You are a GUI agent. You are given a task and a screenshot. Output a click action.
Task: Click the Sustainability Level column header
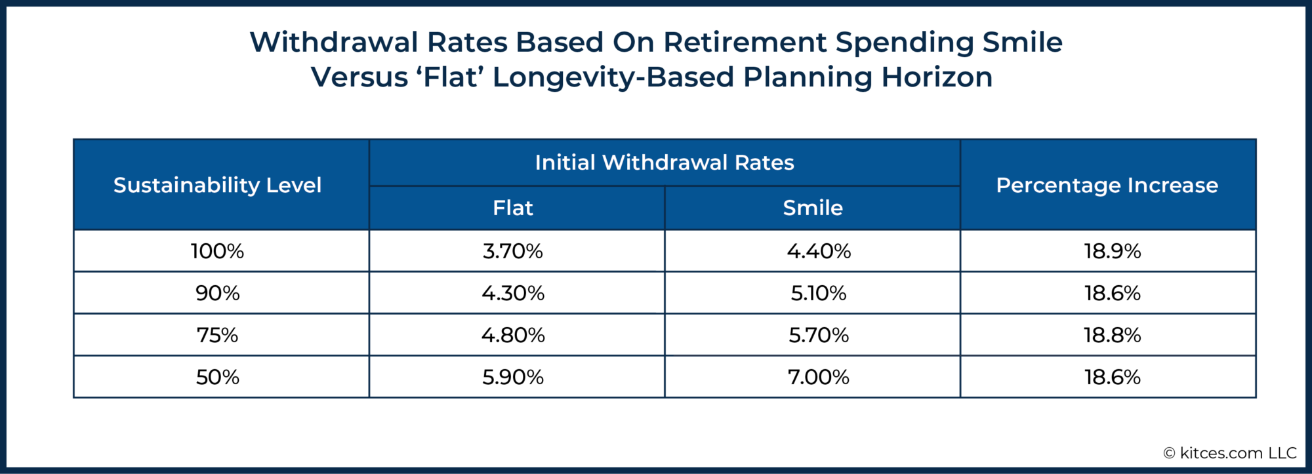pyautogui.click(x=217, y=186)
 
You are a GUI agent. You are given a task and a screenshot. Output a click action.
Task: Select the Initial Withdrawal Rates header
pyautogui.click(x=664, y=163)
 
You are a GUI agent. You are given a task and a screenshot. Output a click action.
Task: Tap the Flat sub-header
pyautogui.click(x=512, y=208)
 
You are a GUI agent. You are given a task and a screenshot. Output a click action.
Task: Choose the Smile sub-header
pyautogui.click(x=812, y=208)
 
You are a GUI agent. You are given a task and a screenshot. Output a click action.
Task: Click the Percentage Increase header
pyautogui.click(x=1107, y=186)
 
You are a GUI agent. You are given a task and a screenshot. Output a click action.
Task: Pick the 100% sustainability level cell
pyautogui.click(x=217, y=251)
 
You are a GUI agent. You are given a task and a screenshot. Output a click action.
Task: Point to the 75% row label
pyautogui.click(x=217, y=335)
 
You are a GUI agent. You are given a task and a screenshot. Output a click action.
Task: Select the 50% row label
pyautogui.click(x=217, y=377)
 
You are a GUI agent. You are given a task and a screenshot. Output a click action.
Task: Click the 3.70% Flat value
pyautogui.click(x=512, y=251)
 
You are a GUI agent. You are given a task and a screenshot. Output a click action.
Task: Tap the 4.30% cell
pyautogui.click(x=512, y=293)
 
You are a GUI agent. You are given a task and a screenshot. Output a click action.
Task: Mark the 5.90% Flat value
pyautogui.click(x=512, y=377)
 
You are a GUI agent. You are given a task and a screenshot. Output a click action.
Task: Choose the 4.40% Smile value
pyautogui.click(x=818, y=251)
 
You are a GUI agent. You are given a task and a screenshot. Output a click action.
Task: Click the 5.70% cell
pyautogui.click(x=818, y=335)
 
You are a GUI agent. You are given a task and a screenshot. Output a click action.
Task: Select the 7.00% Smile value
pyautogui.click(x=818, y=377)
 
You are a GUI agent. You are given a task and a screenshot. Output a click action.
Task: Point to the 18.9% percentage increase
pyautogui.click(x=1112, y=251)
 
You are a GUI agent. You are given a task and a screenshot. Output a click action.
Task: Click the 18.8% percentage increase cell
pyautogui.click(x=1112, y=335)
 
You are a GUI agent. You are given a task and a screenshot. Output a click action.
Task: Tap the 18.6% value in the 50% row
pyautogui.click(x=1112, y=377)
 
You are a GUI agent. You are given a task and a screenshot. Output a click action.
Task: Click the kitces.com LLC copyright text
pyautogui.click(x=1230, y=453)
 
